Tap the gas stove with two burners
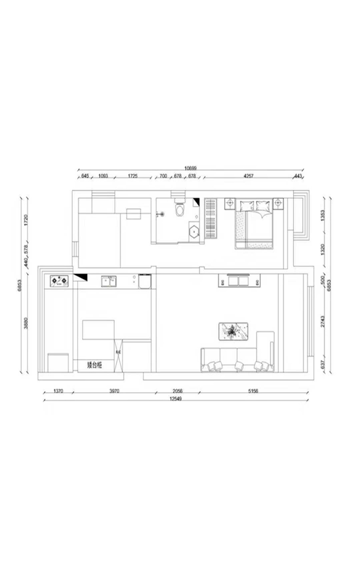tap(58, 281)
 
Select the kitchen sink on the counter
tap(109, 281)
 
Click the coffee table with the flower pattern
tap(234, 331)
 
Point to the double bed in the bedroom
tap(254, 225)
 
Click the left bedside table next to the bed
tap(229, 203)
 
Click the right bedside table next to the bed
tap(279, 203)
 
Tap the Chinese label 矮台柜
tap(94, 365)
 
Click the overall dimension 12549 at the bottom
tap(176, 399)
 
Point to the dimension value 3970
tap(114, 391)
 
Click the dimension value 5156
tap(253, 391)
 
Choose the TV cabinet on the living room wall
tap(240, 281)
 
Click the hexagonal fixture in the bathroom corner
tap(195, 230)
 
